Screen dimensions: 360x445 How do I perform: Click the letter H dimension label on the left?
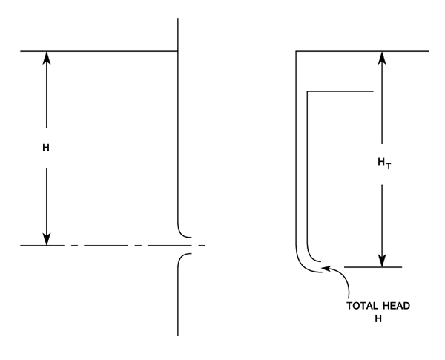46,148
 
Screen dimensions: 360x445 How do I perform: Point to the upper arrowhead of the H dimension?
46,57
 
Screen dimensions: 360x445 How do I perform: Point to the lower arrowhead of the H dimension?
46,239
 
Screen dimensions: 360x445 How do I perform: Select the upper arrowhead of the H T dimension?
382,57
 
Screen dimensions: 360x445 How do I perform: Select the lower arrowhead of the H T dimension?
382,261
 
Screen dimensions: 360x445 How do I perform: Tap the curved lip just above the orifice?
183,232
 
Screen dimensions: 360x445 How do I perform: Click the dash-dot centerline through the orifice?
111,245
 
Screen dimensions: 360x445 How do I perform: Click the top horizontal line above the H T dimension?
363,50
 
